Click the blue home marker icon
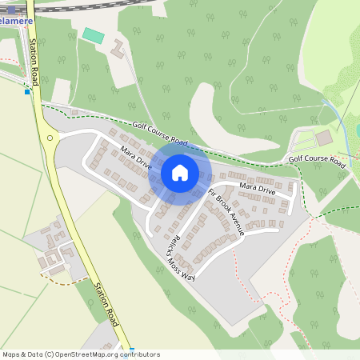click(x=180, y=172)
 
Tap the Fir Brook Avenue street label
click(x=226, y=212)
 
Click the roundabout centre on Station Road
click(x=50, y=138)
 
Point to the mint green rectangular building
click(x=94, y=36)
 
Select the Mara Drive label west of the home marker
click(x=137, y=157)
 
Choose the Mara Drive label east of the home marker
click(x=258, y=190)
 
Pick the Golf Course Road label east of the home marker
click(x=317, y=161)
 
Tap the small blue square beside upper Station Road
click(x=27, y=92)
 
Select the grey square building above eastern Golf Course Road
click(x=323, y=138)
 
